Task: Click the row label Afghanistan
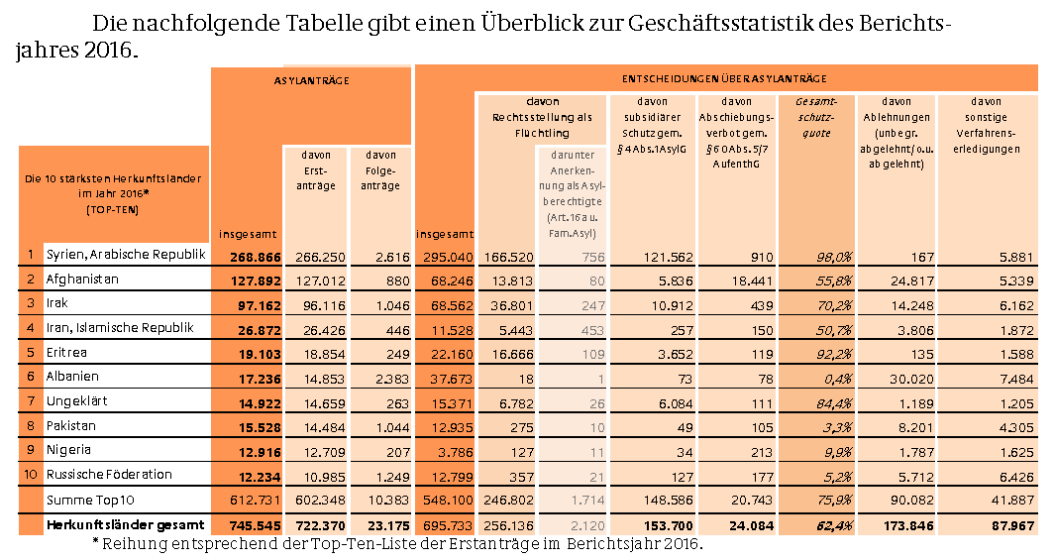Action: pos(82,280)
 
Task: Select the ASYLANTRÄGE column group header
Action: pos(311,78)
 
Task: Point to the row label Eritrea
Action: pos(67,352)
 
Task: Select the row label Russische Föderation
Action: pos(108,474)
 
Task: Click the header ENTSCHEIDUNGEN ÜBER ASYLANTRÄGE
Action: pos(725,78)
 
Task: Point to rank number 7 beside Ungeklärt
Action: pos(30,400)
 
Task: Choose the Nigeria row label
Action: pos(68,449)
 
